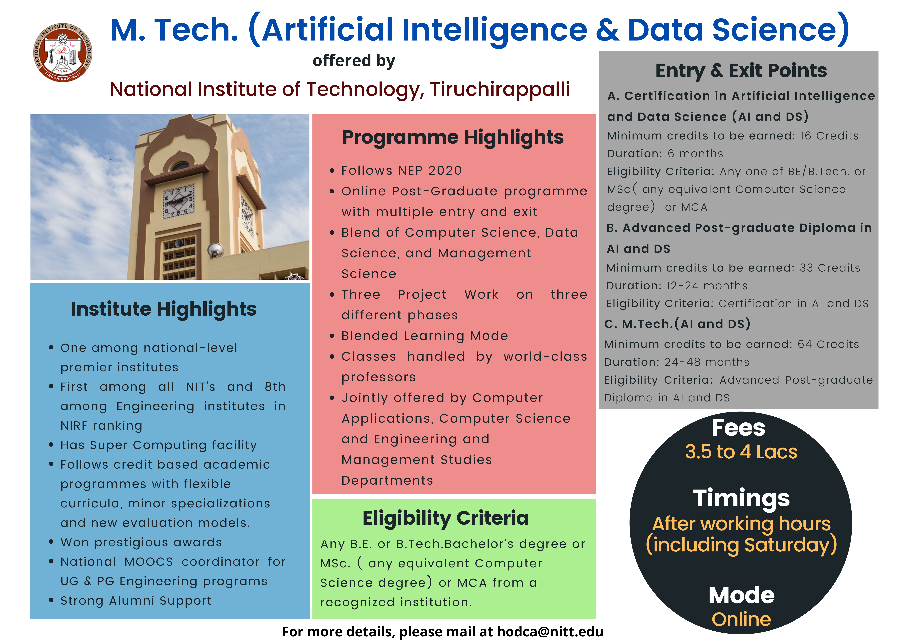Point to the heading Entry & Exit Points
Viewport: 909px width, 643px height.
pyautogui.click(x=741, y=71)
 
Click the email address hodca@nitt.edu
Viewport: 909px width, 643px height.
pyautogui.click(x=550, y=632)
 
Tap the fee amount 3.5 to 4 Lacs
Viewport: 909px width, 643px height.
pyautogui.click(x=741, y=452)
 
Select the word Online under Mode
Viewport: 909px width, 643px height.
pyautogui.click(x=741, y=619)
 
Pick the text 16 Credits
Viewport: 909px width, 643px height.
pyautogui.click(x=829, y=136)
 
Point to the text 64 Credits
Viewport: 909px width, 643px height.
pyautogui.click(x=828, y=344)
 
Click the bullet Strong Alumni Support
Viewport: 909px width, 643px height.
pyautogui.click(x=136, y=601)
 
